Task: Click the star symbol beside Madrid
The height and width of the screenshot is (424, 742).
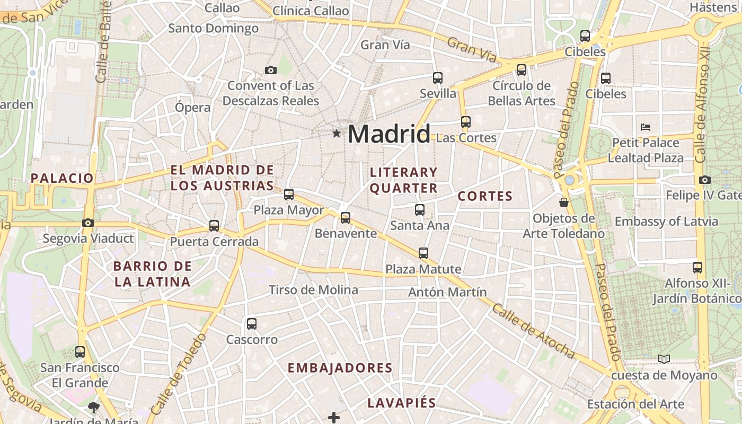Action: [337, 134]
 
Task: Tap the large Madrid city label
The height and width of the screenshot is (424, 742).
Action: [388, 134]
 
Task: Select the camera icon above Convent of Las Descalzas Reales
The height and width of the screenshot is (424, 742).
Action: [271, 70]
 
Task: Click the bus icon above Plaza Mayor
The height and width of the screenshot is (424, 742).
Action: [289, 195]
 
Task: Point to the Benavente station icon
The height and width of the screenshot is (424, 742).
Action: [346, 217]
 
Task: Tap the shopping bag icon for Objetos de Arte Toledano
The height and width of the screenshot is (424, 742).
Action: [564, 202]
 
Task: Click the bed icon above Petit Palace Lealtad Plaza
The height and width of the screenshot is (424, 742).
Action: [646, 127]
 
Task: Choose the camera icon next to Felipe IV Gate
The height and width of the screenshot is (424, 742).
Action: [705, 180]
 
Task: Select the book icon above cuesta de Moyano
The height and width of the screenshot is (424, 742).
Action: [664, 359]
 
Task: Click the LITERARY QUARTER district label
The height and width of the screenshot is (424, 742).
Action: [404, 180]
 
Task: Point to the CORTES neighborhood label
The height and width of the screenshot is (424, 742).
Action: [485, 196]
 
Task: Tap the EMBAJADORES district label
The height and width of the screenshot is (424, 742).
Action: [340, 368]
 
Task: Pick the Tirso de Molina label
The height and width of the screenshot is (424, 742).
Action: [313, 290]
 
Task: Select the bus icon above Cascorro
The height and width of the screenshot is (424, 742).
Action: [252, 323]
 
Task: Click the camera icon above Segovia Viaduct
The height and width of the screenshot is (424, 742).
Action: [88, 223]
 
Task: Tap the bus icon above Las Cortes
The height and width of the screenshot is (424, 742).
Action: [466, 122]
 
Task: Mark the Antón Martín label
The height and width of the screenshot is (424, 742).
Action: [447, 292]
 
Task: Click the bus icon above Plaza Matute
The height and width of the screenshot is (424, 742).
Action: [423, 253]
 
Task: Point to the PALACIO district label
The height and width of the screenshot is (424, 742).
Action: [62, 178]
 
